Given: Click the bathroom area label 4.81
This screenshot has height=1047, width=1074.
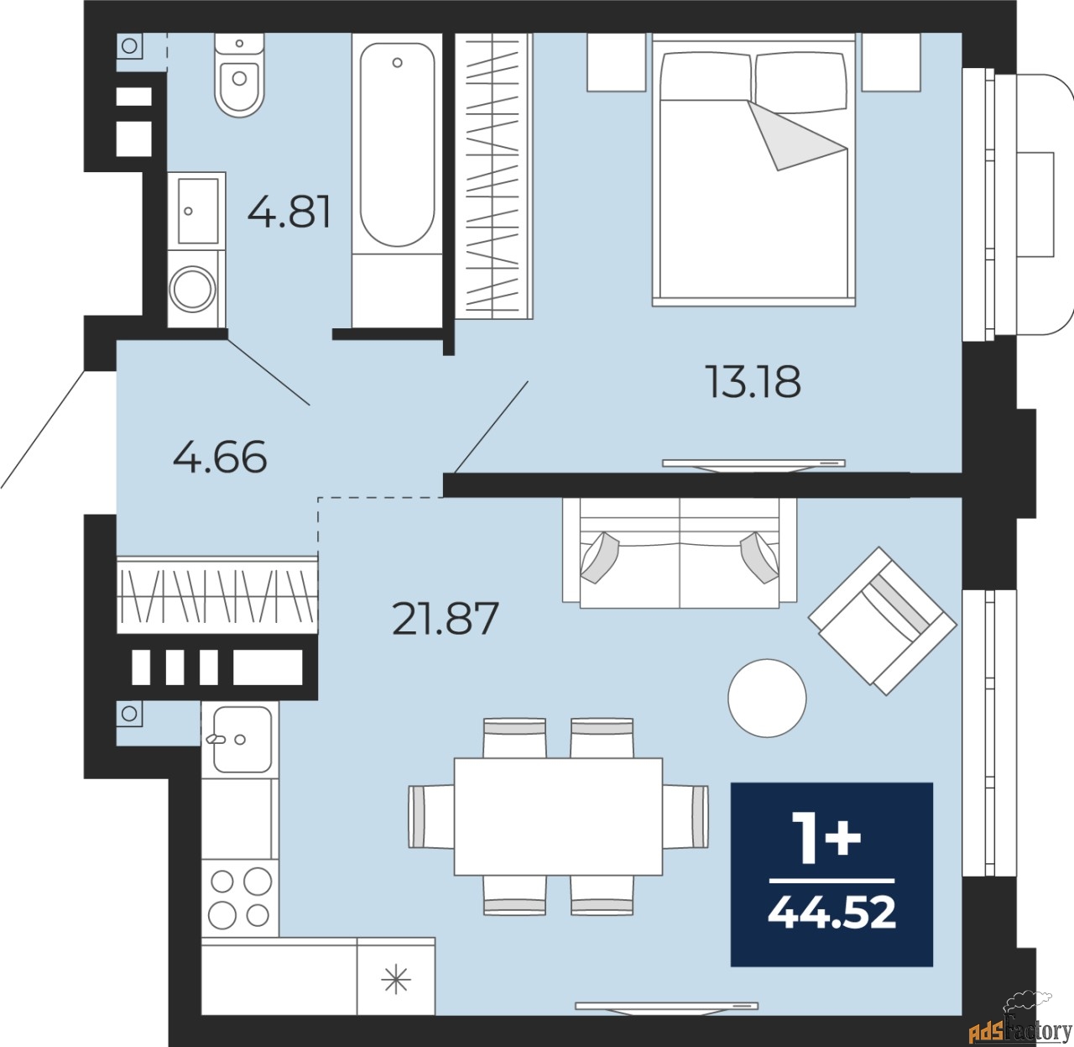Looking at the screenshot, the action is coord(289,212).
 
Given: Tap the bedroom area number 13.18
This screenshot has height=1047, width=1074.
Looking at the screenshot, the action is coord(753,381).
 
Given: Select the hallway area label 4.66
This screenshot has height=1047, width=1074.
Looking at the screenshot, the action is coord(220,456).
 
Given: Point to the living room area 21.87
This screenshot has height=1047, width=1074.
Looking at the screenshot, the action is coord(446,618).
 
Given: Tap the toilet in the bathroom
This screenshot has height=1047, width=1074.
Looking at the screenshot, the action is coord(239,75).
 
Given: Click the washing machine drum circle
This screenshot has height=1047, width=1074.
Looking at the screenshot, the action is coord(192,288).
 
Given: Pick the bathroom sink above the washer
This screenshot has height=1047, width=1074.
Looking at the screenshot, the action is coord(197,211).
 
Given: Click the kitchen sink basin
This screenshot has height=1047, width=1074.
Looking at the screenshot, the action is coord(242,740).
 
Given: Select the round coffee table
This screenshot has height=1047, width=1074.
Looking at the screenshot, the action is coord(767,698).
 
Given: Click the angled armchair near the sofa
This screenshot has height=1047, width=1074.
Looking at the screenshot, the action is coord(883,620).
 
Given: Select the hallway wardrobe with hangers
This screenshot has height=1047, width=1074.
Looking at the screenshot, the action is coord(217,594).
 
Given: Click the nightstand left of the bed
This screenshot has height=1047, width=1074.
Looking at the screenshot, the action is coord(617,62).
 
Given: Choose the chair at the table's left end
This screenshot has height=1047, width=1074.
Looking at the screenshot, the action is coord(431,817).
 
